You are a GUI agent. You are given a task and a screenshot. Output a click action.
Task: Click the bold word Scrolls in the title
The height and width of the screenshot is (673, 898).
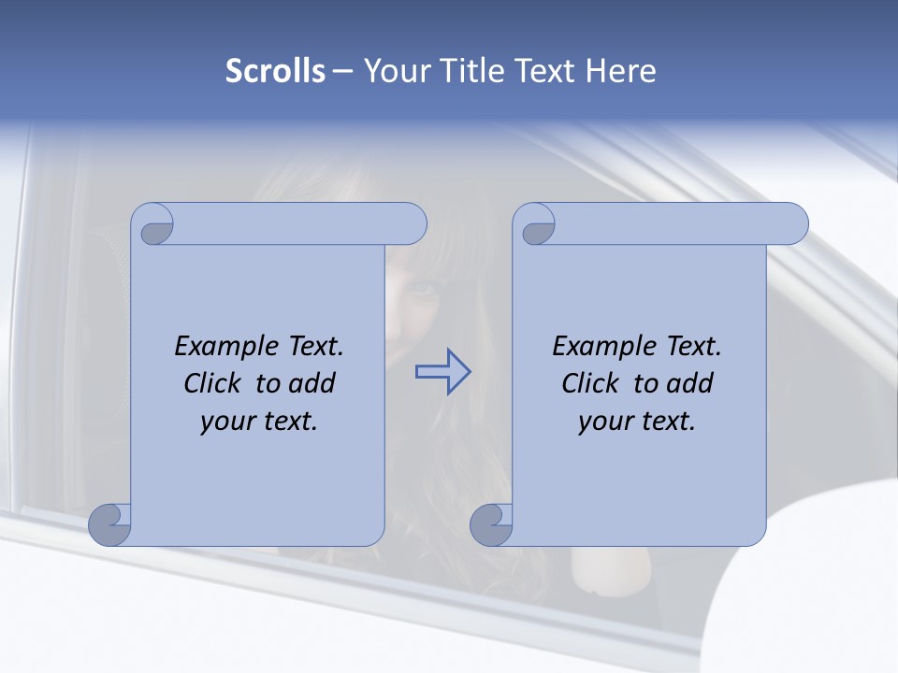[275, 71]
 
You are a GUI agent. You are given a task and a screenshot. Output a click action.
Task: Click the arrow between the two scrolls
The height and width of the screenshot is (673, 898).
[442, 372]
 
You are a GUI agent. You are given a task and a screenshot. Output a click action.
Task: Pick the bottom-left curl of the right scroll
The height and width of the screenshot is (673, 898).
[491, 523]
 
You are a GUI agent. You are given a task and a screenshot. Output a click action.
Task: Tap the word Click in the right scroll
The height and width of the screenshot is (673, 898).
[590, 384]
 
